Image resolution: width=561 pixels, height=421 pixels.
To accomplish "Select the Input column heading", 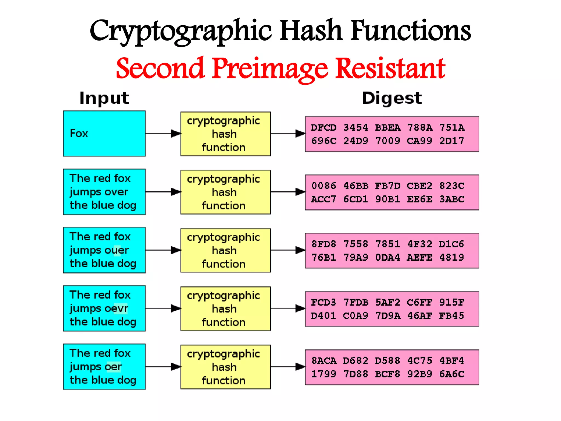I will coord(104,98).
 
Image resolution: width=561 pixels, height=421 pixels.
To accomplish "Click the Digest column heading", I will coord(392,98).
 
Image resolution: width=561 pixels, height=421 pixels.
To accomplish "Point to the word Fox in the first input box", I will coord(79,133).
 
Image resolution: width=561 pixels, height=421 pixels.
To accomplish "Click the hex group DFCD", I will coord(324,128).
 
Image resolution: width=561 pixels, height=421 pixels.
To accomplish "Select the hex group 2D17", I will coord(451,141).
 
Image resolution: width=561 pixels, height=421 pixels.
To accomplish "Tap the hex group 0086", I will coord(324,186).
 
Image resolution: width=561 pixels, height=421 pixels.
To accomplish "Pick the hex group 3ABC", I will coord(452,199).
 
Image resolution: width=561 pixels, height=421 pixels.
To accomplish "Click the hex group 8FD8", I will coord(324,244).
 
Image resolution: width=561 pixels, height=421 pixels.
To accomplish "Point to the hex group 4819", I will coord(451,258).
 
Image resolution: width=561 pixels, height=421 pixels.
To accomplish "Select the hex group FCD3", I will coord(324,302).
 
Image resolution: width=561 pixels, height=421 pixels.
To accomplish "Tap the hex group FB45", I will coord(451,316).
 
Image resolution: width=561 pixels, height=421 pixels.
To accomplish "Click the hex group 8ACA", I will coord(324,361).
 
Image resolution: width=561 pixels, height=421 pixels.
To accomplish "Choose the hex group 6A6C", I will coord(452,374).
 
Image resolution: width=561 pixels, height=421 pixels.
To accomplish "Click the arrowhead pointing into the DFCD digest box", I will coord(300,134).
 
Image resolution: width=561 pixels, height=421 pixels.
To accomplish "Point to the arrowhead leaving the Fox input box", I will coord(176,134).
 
